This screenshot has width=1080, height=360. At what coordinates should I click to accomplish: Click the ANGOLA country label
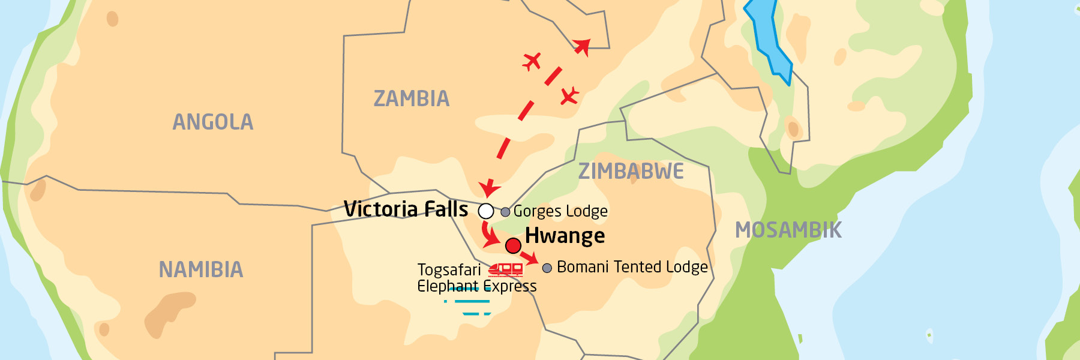213,122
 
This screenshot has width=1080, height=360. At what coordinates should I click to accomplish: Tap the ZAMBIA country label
411,98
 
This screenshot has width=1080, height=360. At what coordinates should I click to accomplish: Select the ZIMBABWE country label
631,172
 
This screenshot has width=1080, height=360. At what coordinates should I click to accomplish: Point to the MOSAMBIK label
788,230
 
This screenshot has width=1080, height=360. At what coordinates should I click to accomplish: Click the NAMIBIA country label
201,269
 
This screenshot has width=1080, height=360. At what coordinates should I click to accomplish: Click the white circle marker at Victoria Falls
486,211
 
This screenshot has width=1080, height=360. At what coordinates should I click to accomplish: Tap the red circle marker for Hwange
513,245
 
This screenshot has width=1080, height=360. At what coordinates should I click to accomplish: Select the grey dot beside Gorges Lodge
505,212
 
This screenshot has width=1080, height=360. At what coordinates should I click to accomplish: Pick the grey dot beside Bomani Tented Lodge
547,268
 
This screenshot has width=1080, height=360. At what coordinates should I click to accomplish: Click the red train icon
506,270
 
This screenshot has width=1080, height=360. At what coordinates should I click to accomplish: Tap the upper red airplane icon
532,61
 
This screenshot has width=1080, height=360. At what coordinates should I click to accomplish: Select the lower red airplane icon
569,95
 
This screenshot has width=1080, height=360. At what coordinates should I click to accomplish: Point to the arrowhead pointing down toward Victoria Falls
490,189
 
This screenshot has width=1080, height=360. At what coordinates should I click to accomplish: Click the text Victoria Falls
406,209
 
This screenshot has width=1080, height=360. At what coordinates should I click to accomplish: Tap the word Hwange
565,236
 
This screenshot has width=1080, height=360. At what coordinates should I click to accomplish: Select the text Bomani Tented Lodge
632,267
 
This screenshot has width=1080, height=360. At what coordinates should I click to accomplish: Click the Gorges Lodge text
560,211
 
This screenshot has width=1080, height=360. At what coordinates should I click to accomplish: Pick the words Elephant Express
476,286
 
